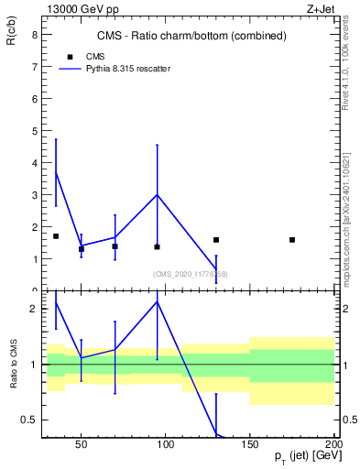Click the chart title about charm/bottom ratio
click(x=191, y=36)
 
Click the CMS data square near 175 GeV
click(x=292, y=240)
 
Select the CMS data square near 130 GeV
click(x=216, y=240)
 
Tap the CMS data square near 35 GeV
click(x=56, y=236)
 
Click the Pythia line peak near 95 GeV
click(x=158, y=194)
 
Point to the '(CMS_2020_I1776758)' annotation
click(x=191, y=274)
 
